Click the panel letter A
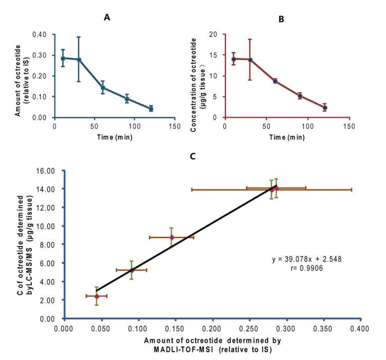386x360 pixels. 107,17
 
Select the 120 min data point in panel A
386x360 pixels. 151,109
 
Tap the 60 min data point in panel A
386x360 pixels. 103,88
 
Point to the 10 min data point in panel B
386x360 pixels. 233,59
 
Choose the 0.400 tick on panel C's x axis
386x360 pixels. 361,329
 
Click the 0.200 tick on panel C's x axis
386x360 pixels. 212,329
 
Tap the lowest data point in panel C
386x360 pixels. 96,296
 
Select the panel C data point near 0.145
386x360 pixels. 172,238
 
